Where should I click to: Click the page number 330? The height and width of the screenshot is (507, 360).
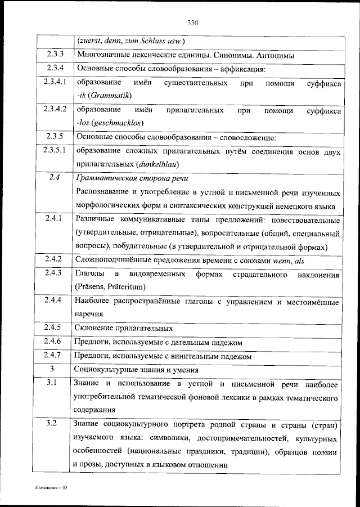pyautogui.click(x=192, y=23)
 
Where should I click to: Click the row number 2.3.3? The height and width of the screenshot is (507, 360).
pyautogui.click(x=55, y=55)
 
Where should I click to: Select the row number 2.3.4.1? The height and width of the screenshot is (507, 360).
pyautogui.click(x=55, y=83)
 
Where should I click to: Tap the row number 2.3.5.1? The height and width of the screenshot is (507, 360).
pyautogui.click(x=55, y=151)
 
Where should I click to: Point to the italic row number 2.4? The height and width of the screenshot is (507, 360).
pyautogui.click(x=55, y=178)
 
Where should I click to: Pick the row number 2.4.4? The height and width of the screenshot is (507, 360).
pyautogui.click(x=55, y=301)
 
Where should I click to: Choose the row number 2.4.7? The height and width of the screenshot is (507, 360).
pyautogui.click(x=55, y=356)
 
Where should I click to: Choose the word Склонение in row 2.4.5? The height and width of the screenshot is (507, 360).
pyautogui.click(x=93, y=328)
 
